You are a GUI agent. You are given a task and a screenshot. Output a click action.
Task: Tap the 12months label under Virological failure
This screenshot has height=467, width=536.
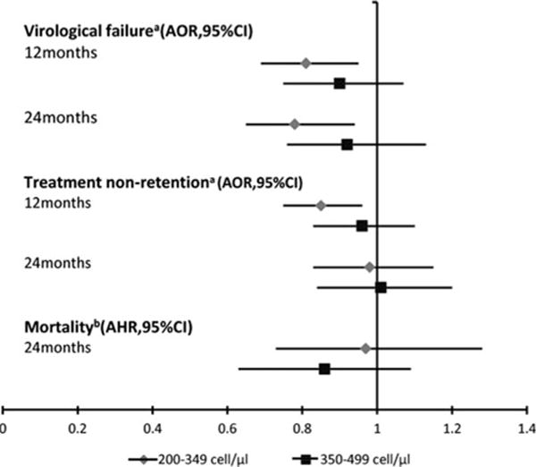[x=60, y=52]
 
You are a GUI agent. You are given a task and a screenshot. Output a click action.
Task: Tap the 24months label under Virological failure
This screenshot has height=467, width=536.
[x=60, y=117]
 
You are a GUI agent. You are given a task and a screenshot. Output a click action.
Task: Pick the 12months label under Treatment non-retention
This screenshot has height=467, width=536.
[x=60, y=202]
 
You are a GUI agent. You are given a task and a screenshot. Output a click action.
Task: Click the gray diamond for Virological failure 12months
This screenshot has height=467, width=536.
[x=306, y=63]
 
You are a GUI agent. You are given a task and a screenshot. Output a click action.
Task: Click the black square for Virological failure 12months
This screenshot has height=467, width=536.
[x=339, y=83]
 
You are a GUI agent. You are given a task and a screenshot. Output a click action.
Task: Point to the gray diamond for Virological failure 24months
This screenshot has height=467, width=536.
[x=295, y=123]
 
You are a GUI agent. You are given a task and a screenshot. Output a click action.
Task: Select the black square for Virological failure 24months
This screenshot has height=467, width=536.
[x=347, y=144]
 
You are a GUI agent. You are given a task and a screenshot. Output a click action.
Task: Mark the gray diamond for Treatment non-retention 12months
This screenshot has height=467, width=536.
[x=321, y=205]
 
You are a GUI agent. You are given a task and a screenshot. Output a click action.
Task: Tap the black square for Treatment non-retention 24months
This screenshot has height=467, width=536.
[x=381, y=287]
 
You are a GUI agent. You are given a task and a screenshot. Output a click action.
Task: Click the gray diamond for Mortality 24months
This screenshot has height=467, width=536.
[x=364, y=347]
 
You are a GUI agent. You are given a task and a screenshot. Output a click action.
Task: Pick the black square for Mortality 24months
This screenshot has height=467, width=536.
[x=324, y=369]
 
